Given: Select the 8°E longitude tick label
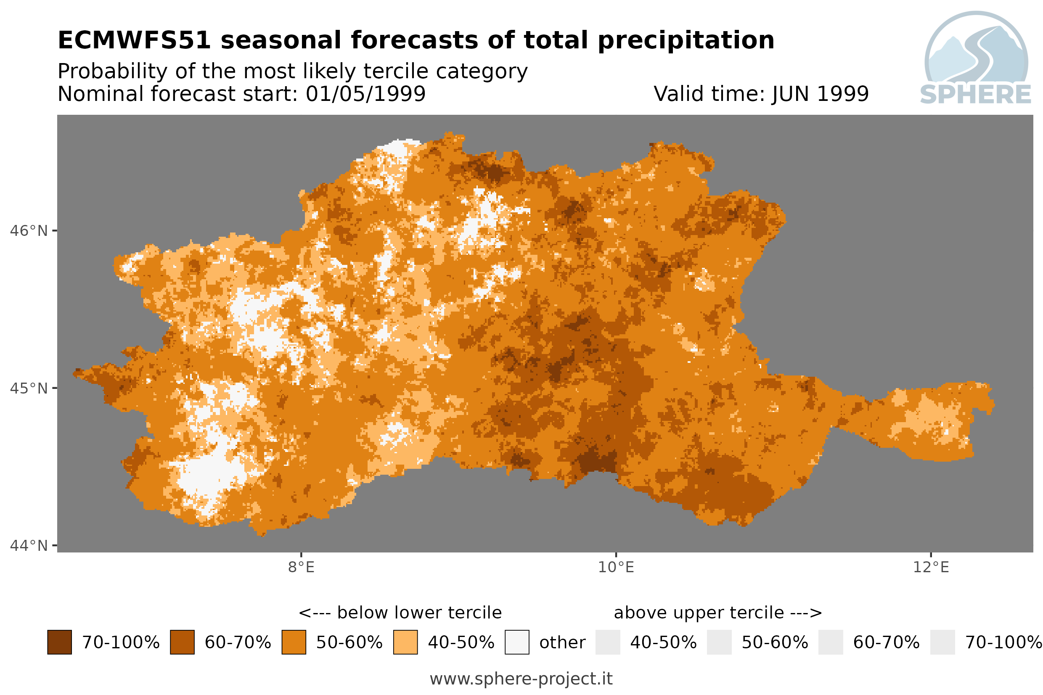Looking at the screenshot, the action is click(302, 567).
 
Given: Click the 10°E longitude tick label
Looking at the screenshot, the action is click(616, 567).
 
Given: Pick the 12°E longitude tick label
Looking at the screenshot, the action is click(931, 567).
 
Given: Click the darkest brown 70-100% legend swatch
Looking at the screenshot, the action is click(59, 642).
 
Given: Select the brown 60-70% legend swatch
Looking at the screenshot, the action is click(182, 642).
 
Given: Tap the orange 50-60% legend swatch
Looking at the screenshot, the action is click(294, 642).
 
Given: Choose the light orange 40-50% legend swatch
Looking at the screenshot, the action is click(405, 642).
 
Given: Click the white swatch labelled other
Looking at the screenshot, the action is click(517, 642).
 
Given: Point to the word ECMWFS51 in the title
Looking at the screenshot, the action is click(134, 40).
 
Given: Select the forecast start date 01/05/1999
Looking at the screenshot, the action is click(366, 94).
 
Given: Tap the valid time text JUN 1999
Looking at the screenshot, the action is click(820, 94).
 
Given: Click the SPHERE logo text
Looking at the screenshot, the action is click(976, 95).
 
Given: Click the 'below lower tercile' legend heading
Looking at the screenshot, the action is click(419, 613).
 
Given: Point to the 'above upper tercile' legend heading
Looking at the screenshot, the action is click(699, 613).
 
